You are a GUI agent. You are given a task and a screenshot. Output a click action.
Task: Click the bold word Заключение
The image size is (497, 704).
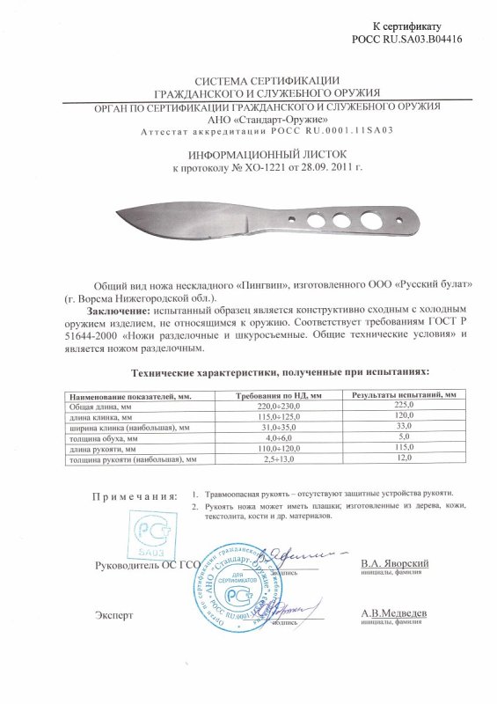click(119, 311)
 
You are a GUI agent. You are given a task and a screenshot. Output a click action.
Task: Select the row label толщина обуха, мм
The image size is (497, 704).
click(102, 437)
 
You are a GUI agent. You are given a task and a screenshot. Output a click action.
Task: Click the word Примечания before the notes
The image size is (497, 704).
click(134, 497)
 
